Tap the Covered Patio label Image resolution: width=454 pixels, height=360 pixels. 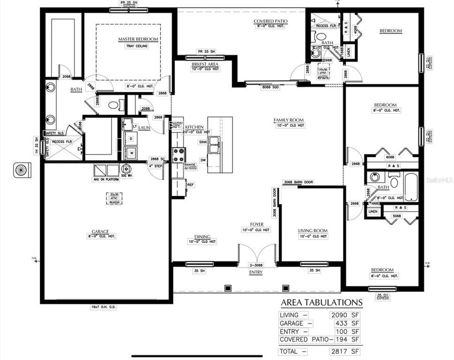pos(270,21)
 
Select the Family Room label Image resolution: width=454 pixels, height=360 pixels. pos(289,120)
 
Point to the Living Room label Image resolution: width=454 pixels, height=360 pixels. pos(312,230)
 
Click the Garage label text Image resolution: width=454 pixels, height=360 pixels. pos(100,231)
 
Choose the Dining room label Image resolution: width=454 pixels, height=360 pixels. pos(203,236)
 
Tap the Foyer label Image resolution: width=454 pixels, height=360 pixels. pos(257,224)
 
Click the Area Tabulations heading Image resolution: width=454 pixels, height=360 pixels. pos(321,302)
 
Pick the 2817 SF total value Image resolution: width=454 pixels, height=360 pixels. pos(345,351)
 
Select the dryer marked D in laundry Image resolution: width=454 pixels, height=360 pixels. pos(130,138)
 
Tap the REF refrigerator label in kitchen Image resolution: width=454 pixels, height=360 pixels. pos(190,185)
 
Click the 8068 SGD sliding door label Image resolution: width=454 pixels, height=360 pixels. pos(270,87)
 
